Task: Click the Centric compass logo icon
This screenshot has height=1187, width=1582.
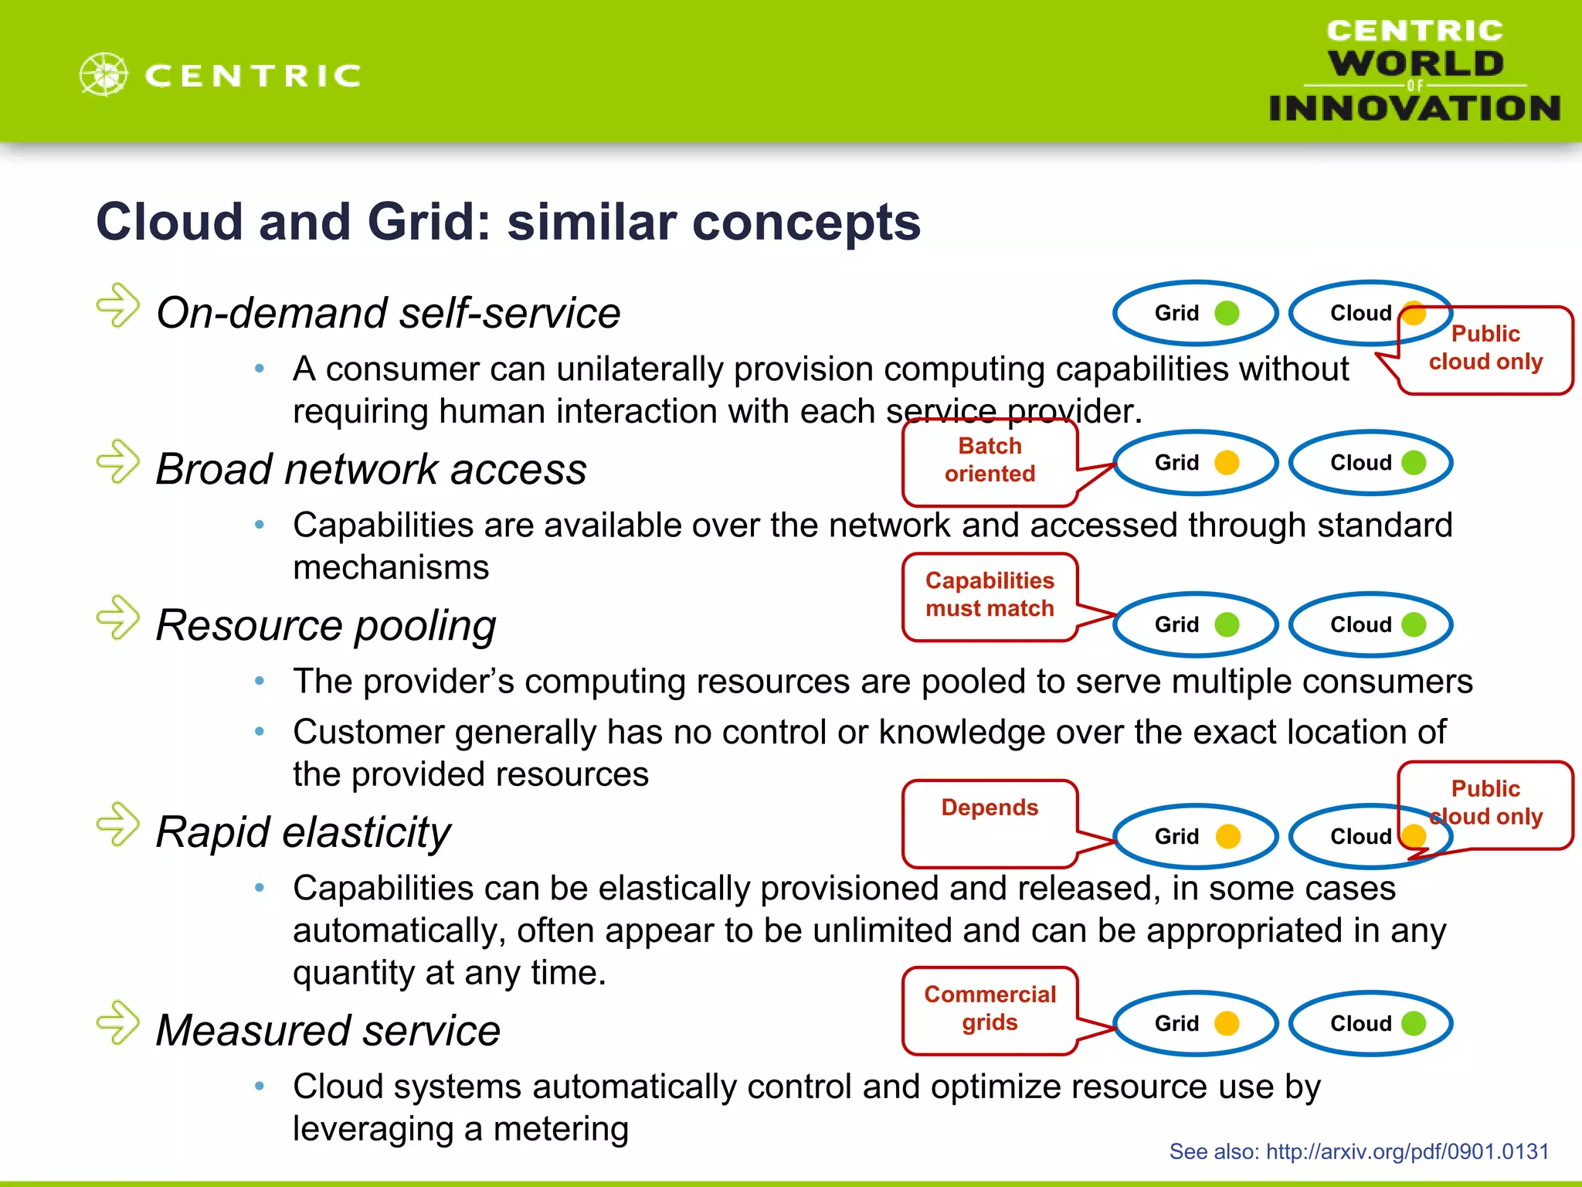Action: pos(104,75)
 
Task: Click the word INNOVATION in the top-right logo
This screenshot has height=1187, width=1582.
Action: pos(1414,108)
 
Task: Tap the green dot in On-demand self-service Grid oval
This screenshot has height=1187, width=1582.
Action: pos(1227,313)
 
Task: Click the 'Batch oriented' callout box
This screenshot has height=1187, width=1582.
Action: pos(990,461)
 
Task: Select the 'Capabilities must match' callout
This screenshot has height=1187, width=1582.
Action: pos(990,595)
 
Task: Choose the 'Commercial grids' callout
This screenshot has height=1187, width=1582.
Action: pos(990,1008)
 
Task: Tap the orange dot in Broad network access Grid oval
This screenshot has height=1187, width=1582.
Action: pos(1227,463)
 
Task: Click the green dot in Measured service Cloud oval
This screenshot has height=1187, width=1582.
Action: pos(1414,1023)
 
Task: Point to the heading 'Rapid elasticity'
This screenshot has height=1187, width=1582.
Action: pos(303,833)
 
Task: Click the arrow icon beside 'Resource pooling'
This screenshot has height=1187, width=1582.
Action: pos(118,618)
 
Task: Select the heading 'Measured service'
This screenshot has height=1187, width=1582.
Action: pos(328,1031)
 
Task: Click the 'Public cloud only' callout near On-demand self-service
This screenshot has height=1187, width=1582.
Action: pos(1485,349)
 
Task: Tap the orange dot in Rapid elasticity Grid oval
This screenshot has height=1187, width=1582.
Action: pos(1227,836)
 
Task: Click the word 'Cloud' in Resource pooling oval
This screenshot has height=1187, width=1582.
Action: pos(1360,624)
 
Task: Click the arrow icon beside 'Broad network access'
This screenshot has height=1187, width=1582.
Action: pos(118,462)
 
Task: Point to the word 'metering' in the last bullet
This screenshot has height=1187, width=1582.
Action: pos(561,1129)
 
